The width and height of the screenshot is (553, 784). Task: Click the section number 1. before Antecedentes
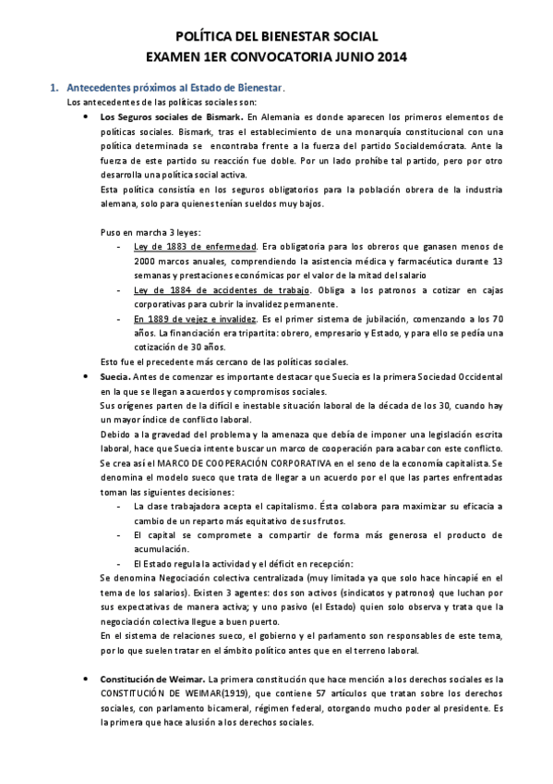coord(54,87)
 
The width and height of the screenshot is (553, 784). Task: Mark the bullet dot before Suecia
coord(86,376)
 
